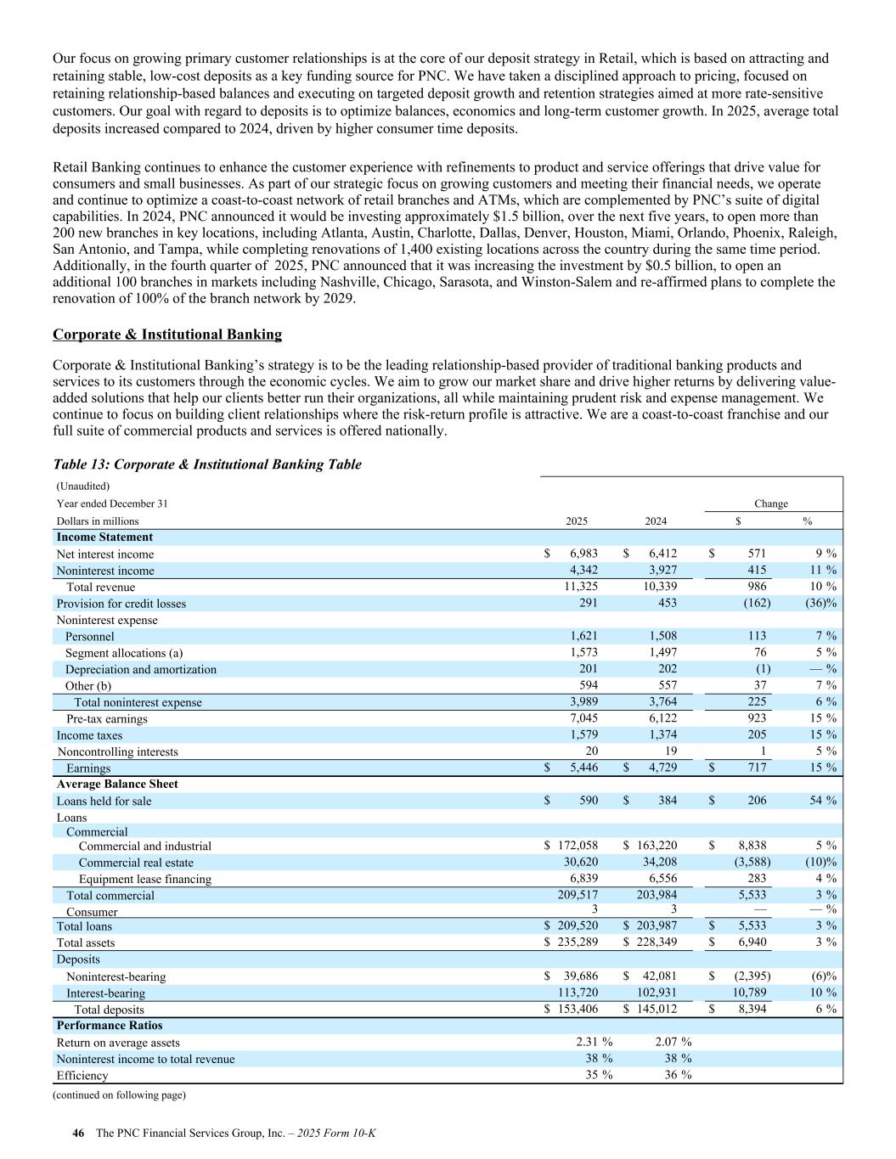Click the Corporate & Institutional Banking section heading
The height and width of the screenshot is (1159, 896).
(167, 335)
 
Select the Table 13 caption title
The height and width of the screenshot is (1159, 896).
(207, 464)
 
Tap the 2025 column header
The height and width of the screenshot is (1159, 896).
(577, 521)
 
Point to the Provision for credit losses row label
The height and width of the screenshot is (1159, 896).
(121, 604)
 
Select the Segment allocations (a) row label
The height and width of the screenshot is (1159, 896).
(124, 653)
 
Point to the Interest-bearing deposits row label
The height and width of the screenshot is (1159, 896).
(105, 993)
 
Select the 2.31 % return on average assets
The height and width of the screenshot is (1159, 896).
(594, 1043)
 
